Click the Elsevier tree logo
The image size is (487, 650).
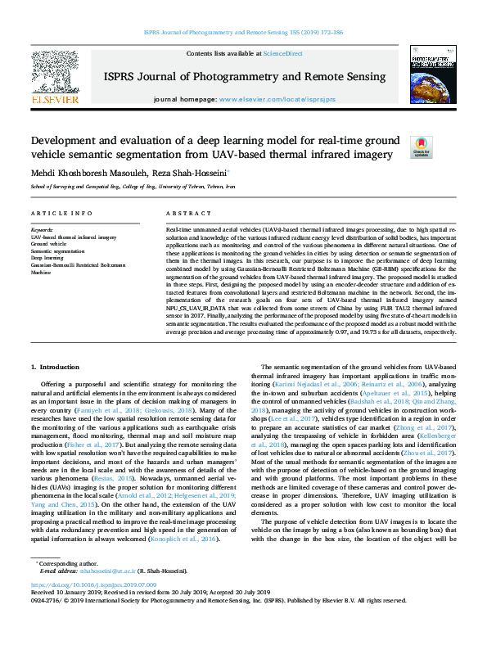click(54, 73)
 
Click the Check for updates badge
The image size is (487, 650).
click(421, 147)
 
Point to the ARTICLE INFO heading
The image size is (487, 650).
click(56, 213)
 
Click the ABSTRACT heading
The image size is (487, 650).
click(183, 213)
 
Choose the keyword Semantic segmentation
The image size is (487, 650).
click(60, 251)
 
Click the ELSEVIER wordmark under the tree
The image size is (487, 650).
click(54, 99)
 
